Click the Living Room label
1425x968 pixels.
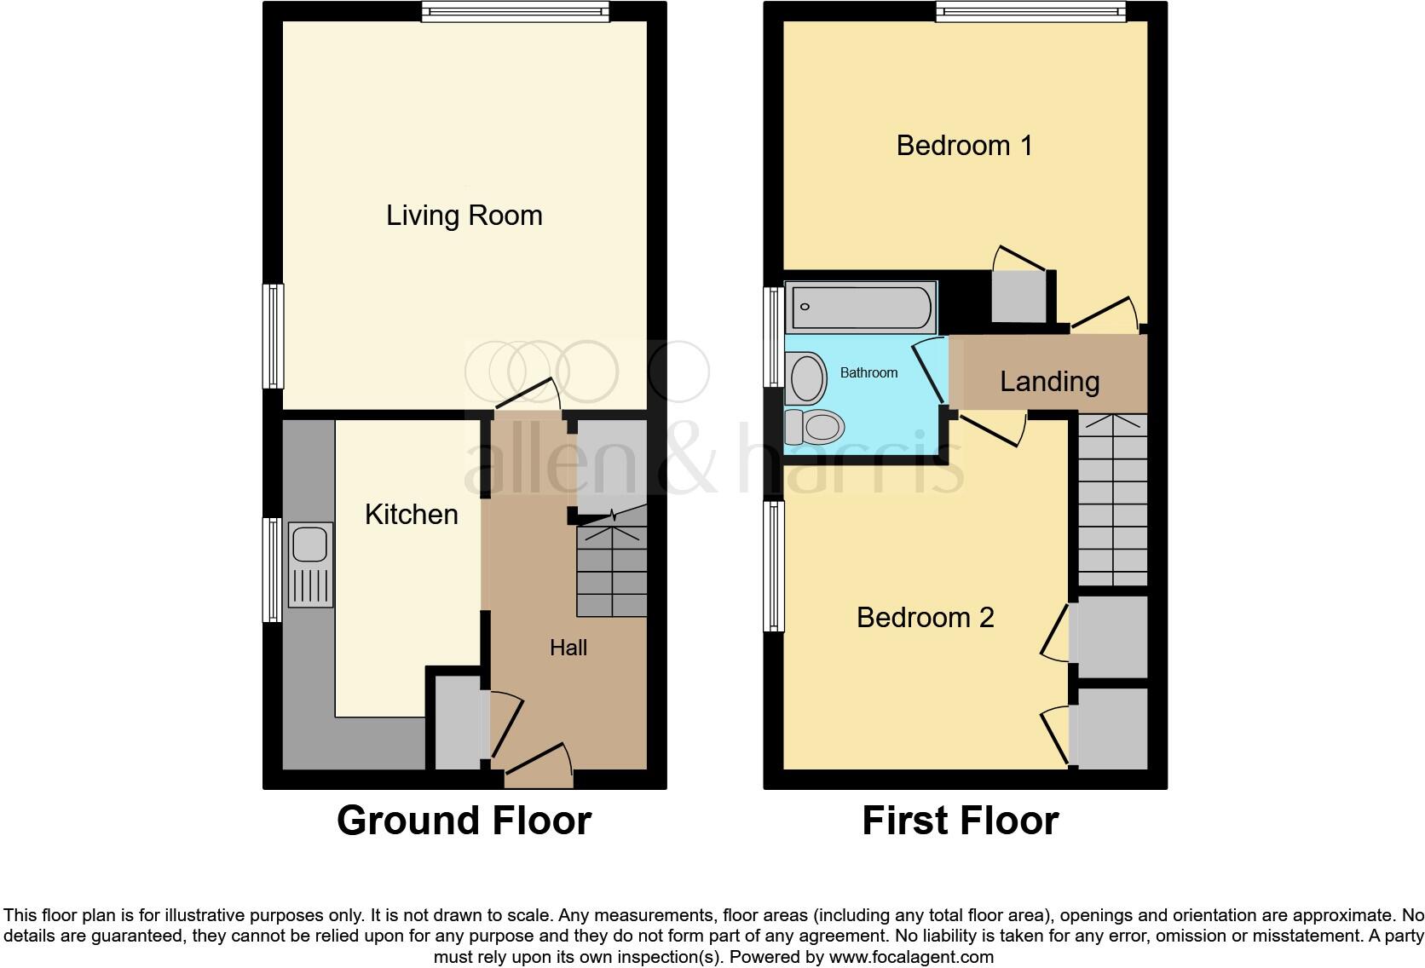coord(464,216)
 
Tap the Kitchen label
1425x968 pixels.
coord(411,515)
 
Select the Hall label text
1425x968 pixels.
coord(568,648)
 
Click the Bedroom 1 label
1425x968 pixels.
coord(964,146)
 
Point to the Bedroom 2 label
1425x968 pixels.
coord(925,618)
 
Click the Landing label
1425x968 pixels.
coord(1049,382)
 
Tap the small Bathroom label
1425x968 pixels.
coord(868,373)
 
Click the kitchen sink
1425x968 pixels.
coord(310,564)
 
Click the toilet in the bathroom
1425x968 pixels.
coord(814,426)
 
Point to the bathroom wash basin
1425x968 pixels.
coord(807,379)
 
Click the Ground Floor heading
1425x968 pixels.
coord(464,821)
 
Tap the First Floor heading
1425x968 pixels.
coord(960,821)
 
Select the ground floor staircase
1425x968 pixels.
coord(612,571)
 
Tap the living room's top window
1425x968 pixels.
coord(516,11)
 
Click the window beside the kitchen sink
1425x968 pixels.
coord(273,568)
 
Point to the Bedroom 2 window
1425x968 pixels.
coord(774,566)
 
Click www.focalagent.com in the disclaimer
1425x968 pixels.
coord(911,957)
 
